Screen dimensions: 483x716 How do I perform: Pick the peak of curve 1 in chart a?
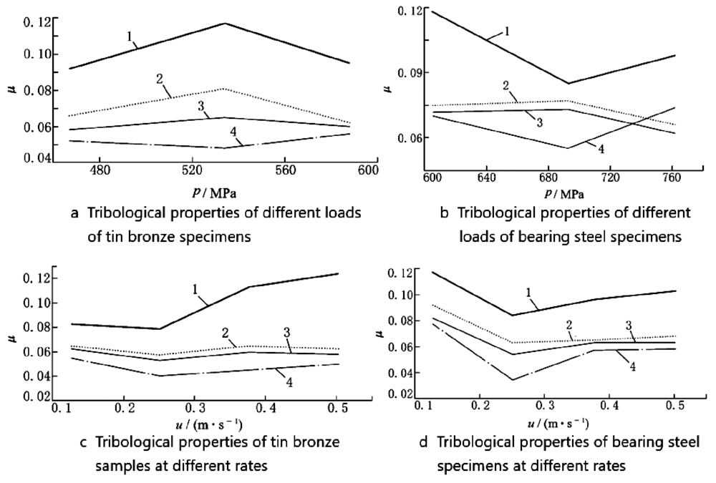(225, 24)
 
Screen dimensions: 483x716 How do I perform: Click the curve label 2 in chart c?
(224, 334)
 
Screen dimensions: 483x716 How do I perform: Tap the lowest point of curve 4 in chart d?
(513, 380)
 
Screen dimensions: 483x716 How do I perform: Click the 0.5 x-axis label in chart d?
(672, 406)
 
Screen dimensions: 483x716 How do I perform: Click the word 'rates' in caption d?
(606, 465)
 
